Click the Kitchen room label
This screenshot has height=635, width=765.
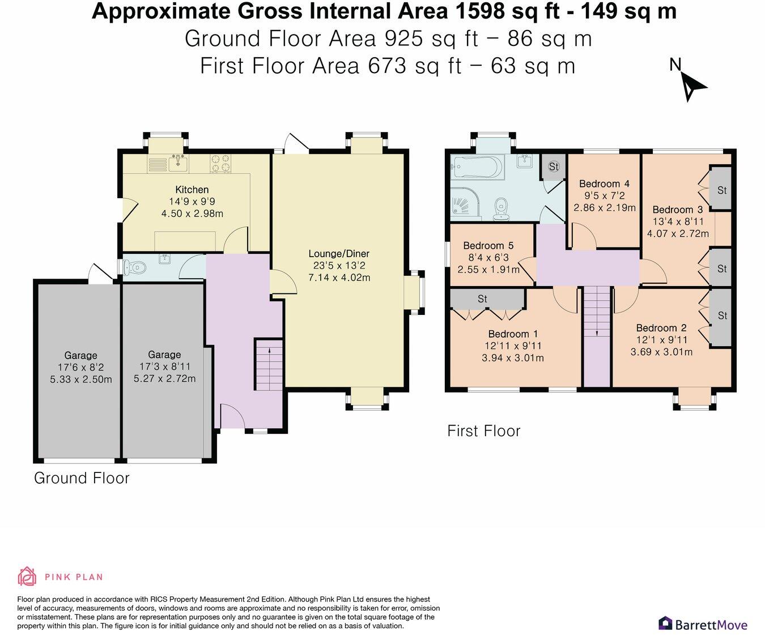[192, 189]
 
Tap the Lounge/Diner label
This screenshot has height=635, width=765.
[339, 253]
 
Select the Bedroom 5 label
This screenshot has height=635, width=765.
[488, 245]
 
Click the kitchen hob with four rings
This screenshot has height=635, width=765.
[220, 163]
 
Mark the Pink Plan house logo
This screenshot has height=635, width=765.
[27, 577]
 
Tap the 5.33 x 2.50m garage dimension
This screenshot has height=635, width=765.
[81, 379]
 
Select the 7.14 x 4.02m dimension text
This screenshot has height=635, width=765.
[339, 277]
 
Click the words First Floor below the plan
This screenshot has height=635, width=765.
[483, 431]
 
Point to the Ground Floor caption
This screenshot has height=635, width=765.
[82, 478]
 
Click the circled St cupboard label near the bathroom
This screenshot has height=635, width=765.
[554, 167]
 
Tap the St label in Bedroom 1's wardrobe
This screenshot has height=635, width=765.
[482, 299]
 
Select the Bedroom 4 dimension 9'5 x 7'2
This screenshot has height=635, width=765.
[605, 195]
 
